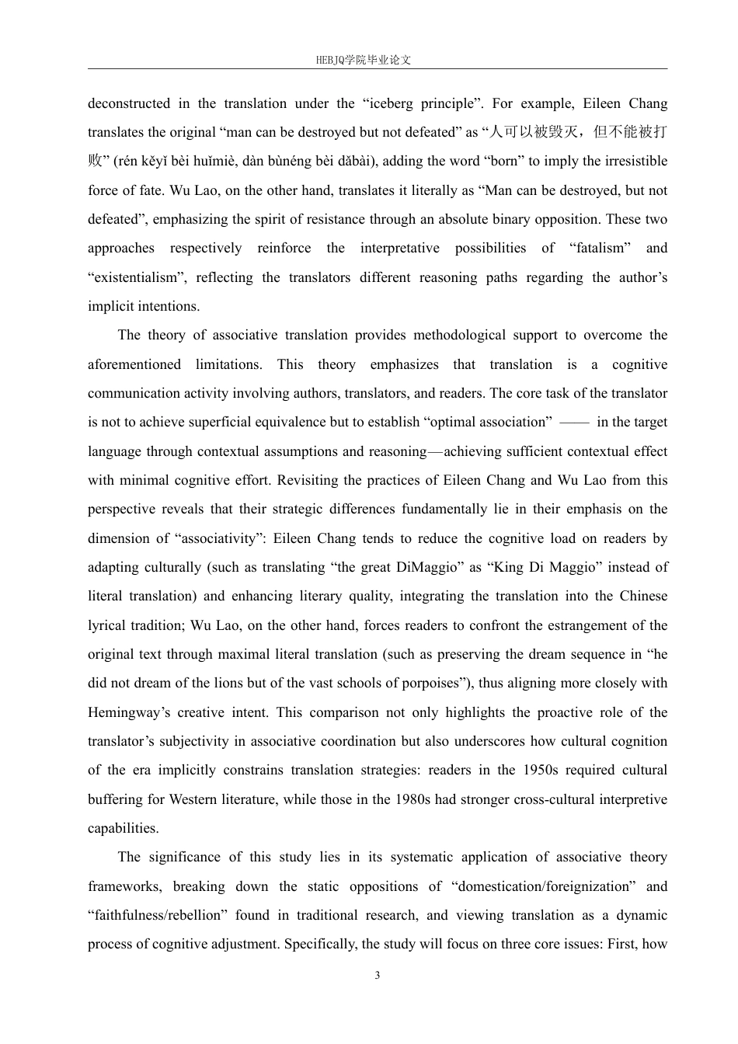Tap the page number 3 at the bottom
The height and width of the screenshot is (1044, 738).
(x=378, y=976)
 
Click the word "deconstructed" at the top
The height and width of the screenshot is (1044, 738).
(x=128, y=103)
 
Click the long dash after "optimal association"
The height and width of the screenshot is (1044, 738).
(x=574, y=423)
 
